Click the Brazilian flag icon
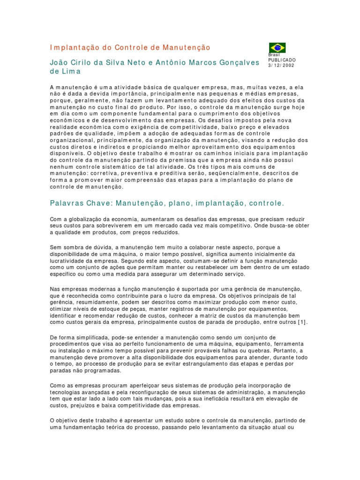pyautogui.click(x=277, y=48)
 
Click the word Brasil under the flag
pyautogui.click(x=274, y=55)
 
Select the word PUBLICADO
pyautogui.click(x=282, y=60)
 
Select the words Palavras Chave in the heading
pyautogui.click(x=78, y=203)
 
